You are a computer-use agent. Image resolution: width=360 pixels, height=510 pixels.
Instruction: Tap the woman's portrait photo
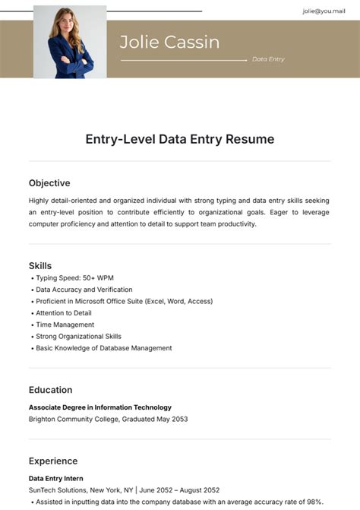(x=70, y=42)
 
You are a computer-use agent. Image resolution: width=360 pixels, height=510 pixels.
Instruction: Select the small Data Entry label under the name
(x=268, y=59)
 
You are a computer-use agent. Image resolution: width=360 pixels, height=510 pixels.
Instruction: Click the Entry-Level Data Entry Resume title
(x=179, y=139)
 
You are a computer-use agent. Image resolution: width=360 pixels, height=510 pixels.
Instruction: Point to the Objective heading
(x=49, y=183)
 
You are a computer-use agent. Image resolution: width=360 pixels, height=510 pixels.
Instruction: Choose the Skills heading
(x=40, y=265)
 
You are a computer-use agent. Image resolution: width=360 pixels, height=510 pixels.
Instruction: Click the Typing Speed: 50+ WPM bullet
(x=74, y=278)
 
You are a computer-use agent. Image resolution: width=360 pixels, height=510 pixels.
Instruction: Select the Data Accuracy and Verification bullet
(x=84, y=290)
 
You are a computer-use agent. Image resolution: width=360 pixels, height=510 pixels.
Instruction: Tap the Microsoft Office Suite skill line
(x=124, y=302)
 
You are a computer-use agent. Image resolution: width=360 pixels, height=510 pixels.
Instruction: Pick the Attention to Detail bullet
(x=64, y=313)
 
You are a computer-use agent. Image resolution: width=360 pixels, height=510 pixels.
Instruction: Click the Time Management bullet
(x=65, y=325)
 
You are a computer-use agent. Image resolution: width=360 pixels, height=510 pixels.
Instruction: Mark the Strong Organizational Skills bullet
(x=78, y=336)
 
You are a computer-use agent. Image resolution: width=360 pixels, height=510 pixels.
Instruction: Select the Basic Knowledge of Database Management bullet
(x=104, y=348)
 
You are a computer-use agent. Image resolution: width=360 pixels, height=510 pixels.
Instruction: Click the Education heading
(x=51, y=390)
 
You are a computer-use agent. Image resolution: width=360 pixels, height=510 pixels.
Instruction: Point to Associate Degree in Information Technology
(x=100, y=407)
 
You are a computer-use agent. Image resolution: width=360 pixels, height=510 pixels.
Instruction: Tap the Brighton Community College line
(x=108, y=419)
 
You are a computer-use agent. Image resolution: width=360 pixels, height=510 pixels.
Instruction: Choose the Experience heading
(x=53, y=461)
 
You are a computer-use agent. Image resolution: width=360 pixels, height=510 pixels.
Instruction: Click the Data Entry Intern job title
(x=57, y=478)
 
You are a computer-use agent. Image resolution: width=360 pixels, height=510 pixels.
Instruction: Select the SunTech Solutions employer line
(x=124, y=490)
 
